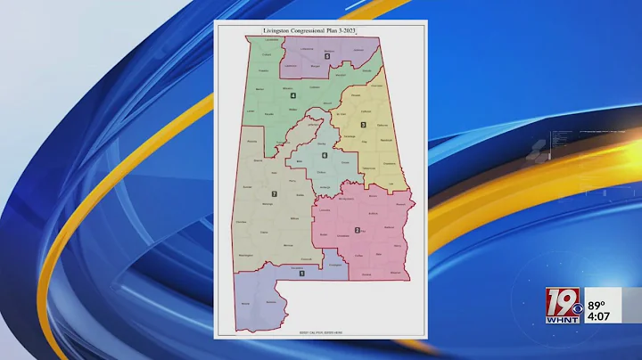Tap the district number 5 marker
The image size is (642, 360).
(327, 57)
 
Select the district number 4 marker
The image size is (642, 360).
(292, 95)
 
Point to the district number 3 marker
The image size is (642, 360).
(363, 125)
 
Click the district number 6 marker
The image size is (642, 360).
(325, 156)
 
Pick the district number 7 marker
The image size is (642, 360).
(274, 194)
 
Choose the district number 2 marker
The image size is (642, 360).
(357, 230)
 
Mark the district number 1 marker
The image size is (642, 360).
(301, 273)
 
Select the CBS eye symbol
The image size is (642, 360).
(577, 309)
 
